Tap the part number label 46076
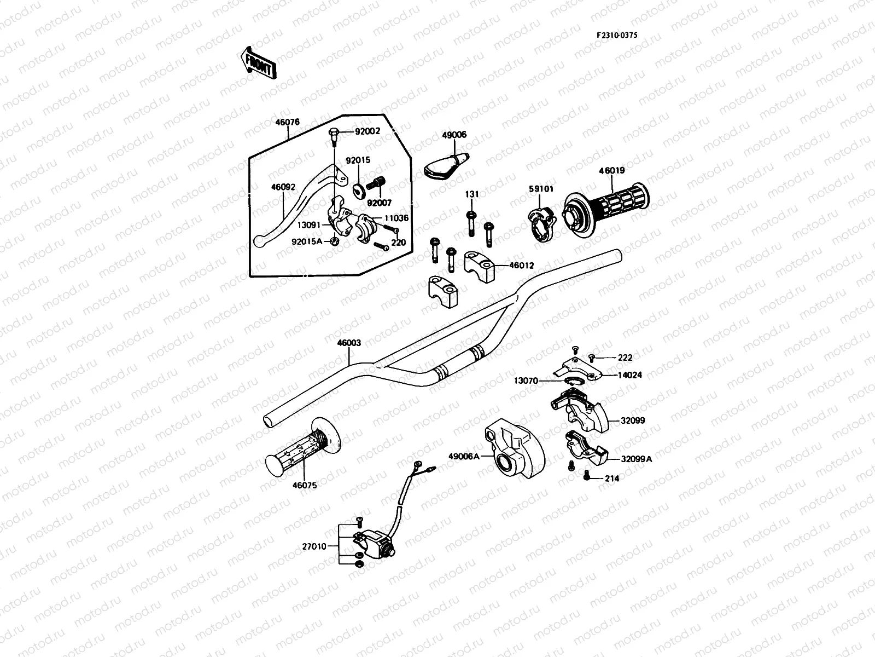pyautogui.click(x=287, y=122)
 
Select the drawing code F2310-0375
pyautogui.click(x=617, y=35)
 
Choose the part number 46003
pyautogui.click(x=349, y=343)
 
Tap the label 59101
pyautogui.click(x=541, y=189)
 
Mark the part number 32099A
pyautogui.click(x=637, y=459)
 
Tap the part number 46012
pyautogui.click(x=521, y=266)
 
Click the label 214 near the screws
pyautogui.click(x=612, y=479)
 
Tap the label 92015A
pyautogui.click(x=307, y=241)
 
